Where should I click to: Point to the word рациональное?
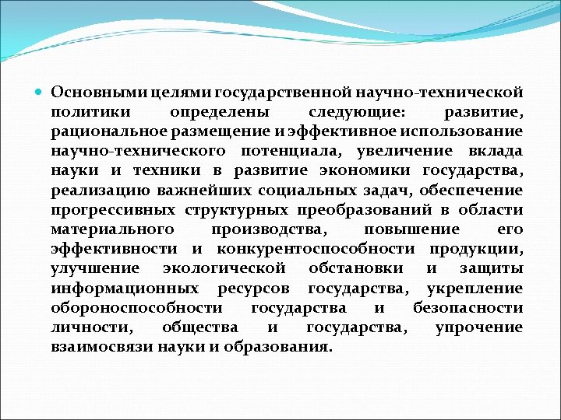click(104, 132)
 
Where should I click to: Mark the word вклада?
click(496, 152)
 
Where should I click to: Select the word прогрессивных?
click(113, 210)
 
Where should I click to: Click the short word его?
click(510, 229)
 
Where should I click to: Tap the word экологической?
click(221, 268)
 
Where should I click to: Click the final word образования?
click(277, 346)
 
